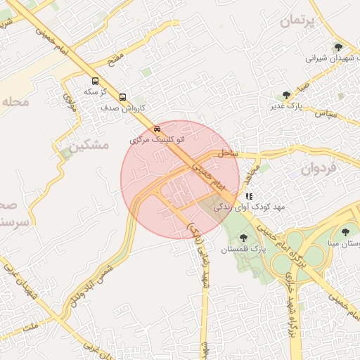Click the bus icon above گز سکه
pyautogui.click(x=95, y=81)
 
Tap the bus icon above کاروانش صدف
pyautogui.click(x=123, y=97)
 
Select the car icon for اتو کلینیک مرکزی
pyautogui.click(x=157, y=129)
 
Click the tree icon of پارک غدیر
pyautogui.click(x=286, y=95)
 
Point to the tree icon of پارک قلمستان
pyautogui.click(x=244, y=238)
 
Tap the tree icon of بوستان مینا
pyautogui.click(x=345, y=232)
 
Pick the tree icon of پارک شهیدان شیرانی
pyautogui.click(x=338, y=48)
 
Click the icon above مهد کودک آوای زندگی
pyautogui.click(x=249, y=196)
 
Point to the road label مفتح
pyautogui.click(x=117, y=54)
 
